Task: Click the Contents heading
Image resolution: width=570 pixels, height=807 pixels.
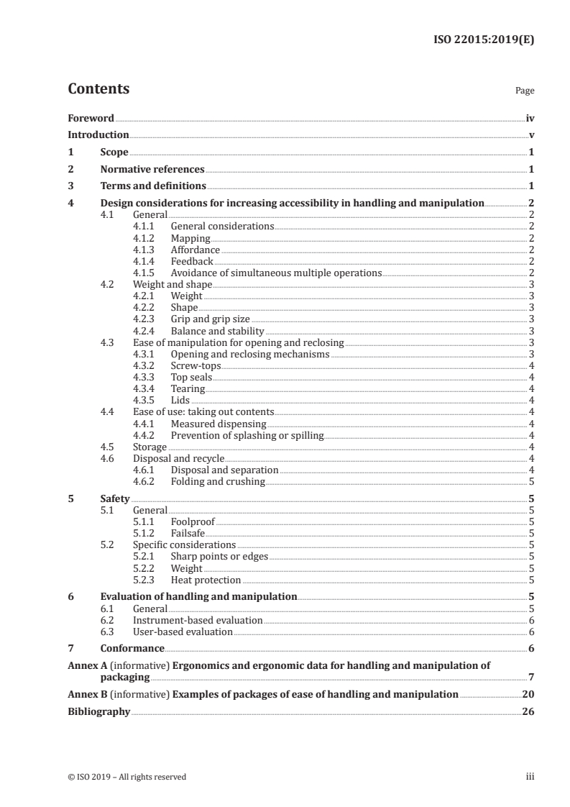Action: pos(98,89)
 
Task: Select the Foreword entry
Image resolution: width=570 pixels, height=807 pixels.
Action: pos(91,118)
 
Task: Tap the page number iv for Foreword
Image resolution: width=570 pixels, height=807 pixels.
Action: pos(529,118)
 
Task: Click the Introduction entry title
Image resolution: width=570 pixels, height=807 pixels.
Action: pos(98,135)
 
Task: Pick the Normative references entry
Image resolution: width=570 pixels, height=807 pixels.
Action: pos(152,170)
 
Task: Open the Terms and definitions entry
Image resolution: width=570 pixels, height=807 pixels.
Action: pos(153,186)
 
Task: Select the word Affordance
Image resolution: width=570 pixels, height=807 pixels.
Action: pos(196,250)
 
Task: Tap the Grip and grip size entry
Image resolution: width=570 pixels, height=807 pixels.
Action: pos(211,319)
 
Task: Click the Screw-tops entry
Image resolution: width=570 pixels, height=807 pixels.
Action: pos(196,365)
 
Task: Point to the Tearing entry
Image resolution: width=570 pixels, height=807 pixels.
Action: pos(188,389)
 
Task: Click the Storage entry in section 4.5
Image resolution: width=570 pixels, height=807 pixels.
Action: pos(150,447)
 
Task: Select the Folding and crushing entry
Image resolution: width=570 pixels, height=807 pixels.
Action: pos(218,481)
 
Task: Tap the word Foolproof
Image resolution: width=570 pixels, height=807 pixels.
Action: pos(193,521)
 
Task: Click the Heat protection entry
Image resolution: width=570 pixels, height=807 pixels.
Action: pos(206,580)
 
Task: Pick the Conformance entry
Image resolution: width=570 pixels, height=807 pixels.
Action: pos(132,648)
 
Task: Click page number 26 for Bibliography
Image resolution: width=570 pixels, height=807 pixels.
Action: pos(528,711)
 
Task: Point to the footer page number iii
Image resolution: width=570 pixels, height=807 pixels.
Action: pos(530,776)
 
